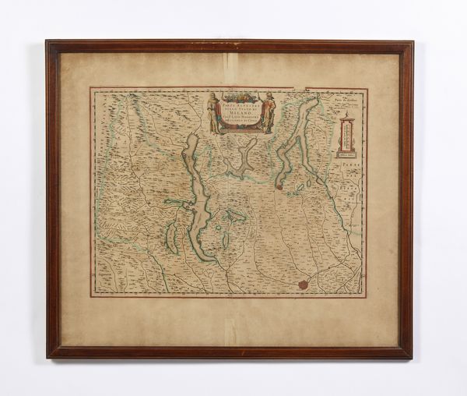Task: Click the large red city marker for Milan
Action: pyautogui.click(x=303, y=285)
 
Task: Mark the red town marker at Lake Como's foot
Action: pyautogui.click(x=279, y=186)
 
